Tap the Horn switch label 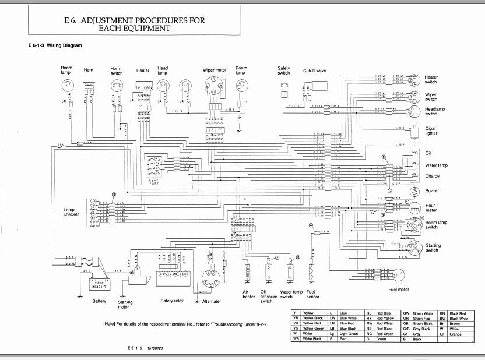117,70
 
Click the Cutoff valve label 315,70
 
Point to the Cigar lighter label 431,130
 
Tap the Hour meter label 431,209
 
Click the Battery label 99,301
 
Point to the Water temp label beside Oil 436,165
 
